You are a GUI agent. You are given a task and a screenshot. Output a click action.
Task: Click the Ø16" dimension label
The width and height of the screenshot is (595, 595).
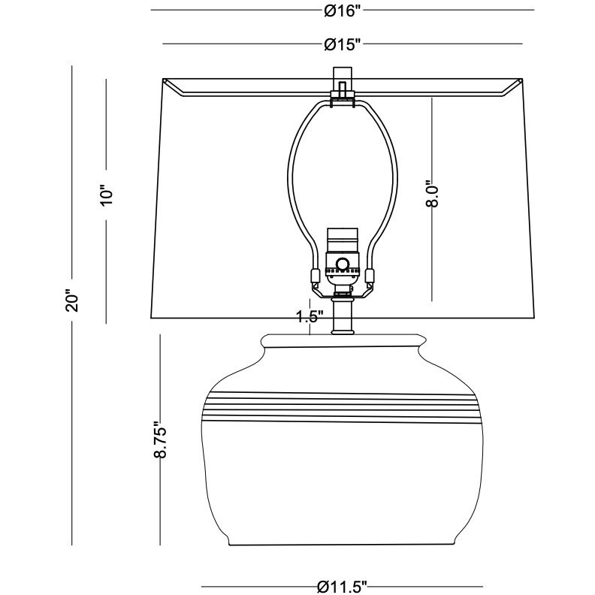pos(343,11)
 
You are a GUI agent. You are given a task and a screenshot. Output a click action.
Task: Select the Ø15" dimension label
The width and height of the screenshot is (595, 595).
pos(343,45)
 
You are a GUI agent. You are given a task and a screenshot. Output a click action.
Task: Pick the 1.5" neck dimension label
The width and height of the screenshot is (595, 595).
pos(309,316)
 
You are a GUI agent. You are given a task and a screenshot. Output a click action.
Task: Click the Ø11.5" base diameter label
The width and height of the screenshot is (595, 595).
pos(342,587)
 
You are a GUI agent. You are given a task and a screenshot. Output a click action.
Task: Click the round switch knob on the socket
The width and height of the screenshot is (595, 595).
pos(343,264)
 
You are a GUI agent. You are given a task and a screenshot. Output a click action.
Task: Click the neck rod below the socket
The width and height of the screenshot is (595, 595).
pos(343,314)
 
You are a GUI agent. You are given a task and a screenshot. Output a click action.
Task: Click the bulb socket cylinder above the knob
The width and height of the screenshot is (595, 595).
pos(343,242)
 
